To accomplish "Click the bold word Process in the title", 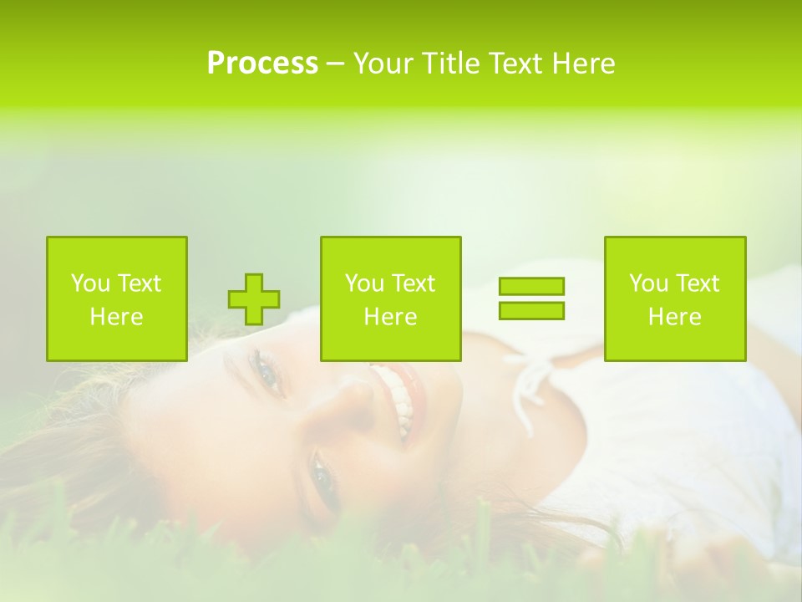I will click(262, 64).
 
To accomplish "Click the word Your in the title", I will click(382, 64).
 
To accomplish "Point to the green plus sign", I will click(254, 299).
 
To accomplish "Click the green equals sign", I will click(531, 298).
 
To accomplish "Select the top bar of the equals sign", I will click(531, 287).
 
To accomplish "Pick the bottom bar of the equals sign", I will click(531, 310).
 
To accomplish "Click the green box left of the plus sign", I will click(117, 298).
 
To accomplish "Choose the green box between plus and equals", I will click(390, 298).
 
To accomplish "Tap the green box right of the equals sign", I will click(675, 298).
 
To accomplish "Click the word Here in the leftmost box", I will click(117, 317).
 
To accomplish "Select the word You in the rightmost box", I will click(648, 283).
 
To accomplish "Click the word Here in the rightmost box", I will click(675, 317).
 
